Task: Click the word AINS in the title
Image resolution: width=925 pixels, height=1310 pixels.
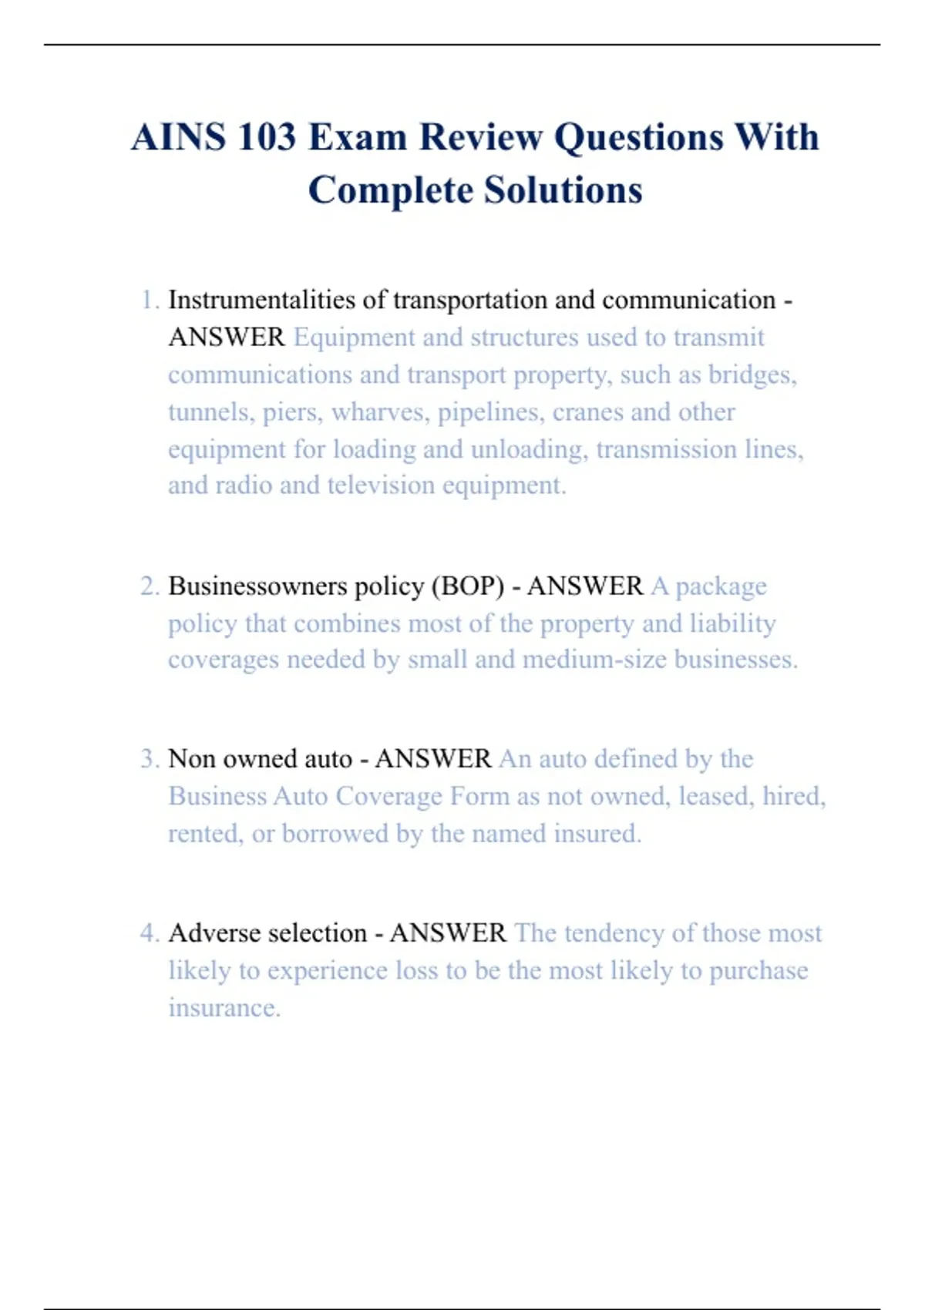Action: [x=178, y=138]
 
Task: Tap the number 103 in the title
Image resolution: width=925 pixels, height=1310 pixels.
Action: [x=267, y=138]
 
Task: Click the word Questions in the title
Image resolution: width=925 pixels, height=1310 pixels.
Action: [x=639, y=138]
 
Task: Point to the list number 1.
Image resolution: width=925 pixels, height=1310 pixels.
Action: [x=149, y=300]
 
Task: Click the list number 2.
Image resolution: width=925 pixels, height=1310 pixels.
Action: [x=149, y=586]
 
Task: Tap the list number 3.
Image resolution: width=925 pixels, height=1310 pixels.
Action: [x=149, y=759]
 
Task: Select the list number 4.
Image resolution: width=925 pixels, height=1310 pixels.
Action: [x=149, y=933]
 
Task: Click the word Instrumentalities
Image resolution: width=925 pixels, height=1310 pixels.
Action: [x=261, y=300]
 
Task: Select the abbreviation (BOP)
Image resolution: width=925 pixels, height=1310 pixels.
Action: [x=468, y=586]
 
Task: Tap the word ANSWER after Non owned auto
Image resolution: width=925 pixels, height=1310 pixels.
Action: [x=433, y=759]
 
